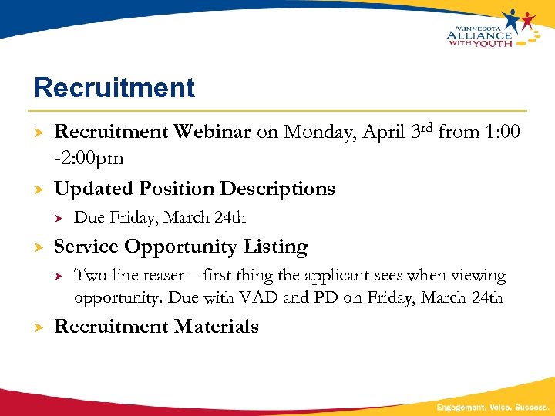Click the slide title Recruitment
pyautogui.click(x=114, y=87)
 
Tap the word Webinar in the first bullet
pyautogui.click(x=212, y=132)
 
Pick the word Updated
pyautogui.click(x=96, y=189)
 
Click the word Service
pyautogui.click(x=86, y=247)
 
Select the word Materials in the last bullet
pyautogui.click(x=217, y=327)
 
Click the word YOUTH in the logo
pyautogui.click(x=492, y=43)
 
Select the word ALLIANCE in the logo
pyautogui.click(x=479, y=34)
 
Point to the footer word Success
pyautogui.click(x=530, y=407)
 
